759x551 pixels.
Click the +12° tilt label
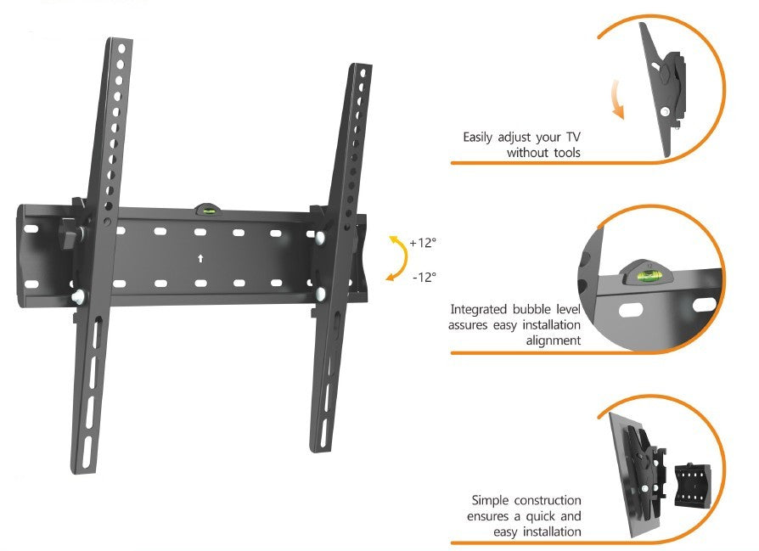click(x=422, y=243)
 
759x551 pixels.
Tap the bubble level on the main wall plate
click(x=205, y=207)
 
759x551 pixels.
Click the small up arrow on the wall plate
click(x=200, y=257)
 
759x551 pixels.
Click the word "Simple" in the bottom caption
click(x=492, y=501)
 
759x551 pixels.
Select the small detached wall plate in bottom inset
click(x=691, y=485)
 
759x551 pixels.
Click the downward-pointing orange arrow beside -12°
click(x=393, y=270)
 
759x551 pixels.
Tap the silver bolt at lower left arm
click(x=80, y=295)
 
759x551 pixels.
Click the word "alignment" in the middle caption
click(x=553, y=340)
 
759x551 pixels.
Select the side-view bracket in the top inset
click(x=666, y=89)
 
